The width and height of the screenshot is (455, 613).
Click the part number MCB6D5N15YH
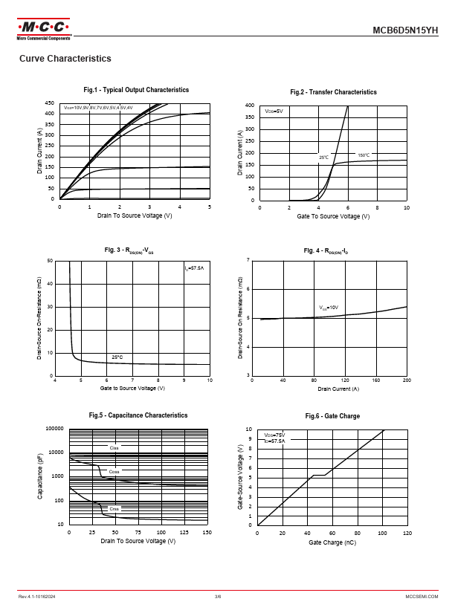click(405, 30)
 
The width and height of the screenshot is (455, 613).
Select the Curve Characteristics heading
click(65, 59)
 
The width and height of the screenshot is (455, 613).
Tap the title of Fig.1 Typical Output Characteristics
click(136, 90)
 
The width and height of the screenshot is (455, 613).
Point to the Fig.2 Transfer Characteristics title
click(333, 92)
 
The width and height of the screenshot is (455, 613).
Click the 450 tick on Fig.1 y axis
click(49, 103)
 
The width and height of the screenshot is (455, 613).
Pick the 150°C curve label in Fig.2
click(363, 155)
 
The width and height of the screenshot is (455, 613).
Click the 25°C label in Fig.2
click(323, 158)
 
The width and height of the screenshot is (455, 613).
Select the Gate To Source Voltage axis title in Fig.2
click(333, 216)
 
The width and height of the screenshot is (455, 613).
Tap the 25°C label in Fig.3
click(117, 357)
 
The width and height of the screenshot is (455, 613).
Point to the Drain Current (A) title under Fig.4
click(338, 389)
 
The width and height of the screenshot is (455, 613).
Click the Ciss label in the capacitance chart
click(114, 448)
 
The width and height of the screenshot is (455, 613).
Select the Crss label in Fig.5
click(114, 508)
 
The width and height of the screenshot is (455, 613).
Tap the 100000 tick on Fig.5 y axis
click(54, 429)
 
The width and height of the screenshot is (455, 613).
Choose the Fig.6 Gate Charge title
click(332, 416)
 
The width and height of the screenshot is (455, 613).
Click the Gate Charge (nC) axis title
click(332, 542)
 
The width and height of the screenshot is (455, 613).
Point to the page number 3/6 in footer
click(218, 597)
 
